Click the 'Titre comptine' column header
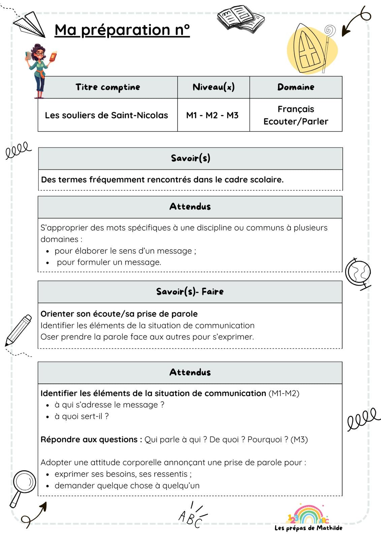point(107,87)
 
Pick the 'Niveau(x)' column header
point(214,87)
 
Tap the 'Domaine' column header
point(296,87)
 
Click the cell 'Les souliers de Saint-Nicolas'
point(106,115)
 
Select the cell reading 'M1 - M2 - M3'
point(212,115)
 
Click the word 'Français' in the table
point(296,109)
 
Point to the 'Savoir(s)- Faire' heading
point(190,291)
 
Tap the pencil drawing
point(19,330)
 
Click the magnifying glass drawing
point(23,487)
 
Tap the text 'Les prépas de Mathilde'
point(308,528)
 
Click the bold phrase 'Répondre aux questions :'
point(91,440)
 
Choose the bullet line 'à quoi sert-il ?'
point(82,416)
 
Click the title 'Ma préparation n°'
point(122,30)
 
